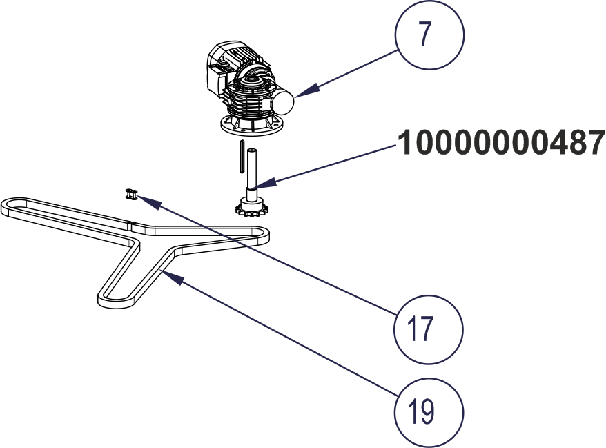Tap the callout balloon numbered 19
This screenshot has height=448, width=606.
click(429, 411)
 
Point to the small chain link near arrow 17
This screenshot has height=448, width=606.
click(130, 195)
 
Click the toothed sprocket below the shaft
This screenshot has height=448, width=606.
click(250, 208)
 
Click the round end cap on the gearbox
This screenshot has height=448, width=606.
click(282, 102)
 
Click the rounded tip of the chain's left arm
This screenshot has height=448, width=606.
click(8, 206)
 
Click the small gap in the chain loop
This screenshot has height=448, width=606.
click(131, 222)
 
